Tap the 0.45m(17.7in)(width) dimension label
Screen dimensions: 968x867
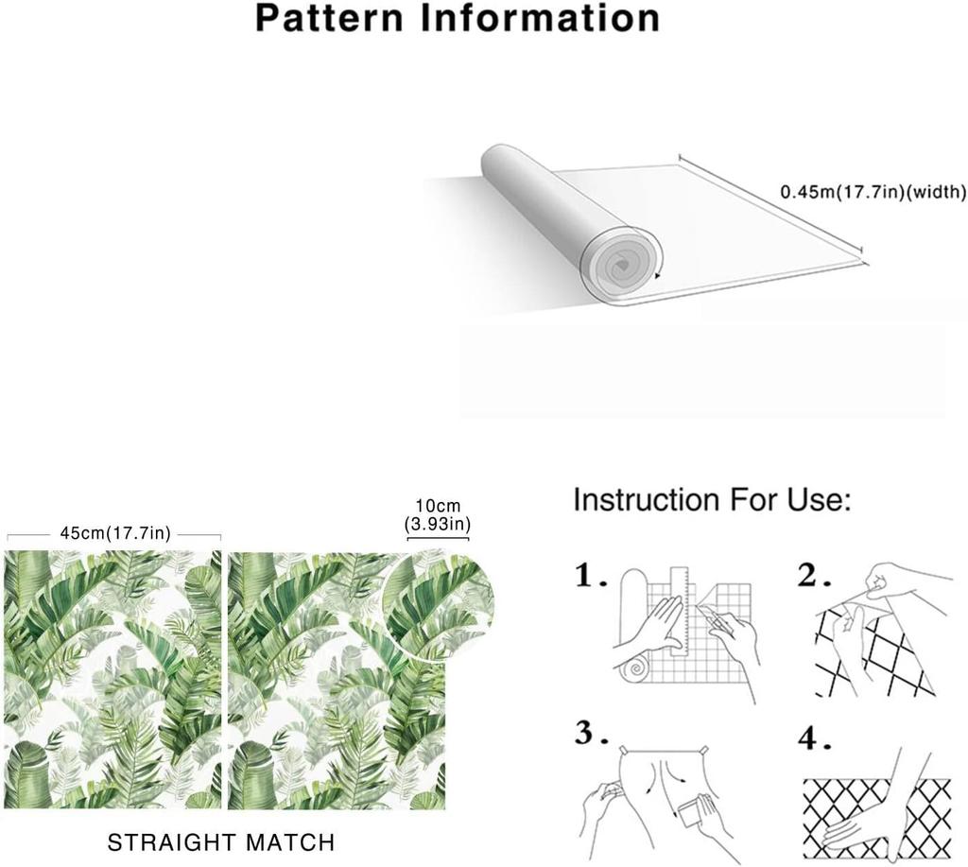873,192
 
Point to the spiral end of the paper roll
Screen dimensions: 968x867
622,266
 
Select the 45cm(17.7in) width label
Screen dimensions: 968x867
114,533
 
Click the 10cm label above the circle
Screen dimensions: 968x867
438,507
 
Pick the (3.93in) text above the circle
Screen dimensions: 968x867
438,525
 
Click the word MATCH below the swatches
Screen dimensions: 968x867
290,842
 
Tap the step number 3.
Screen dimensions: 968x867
592,733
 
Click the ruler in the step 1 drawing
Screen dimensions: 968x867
679,608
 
